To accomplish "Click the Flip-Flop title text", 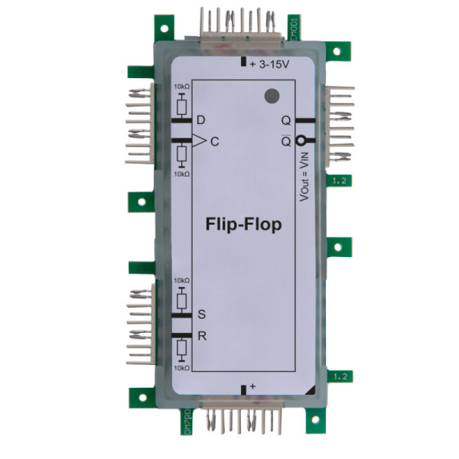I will [x=243, y=225].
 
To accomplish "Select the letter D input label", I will [x=201, y=121].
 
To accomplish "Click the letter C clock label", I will [x=215, y=141].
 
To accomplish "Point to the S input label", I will [x=202, y=314].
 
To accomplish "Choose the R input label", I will [x=202, y=336].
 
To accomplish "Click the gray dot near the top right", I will [x=270, y=96].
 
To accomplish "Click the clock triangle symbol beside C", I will [x=198, y=140].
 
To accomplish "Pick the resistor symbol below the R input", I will [x=181, y=350].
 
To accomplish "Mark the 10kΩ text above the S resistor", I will [x=181, y=281].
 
